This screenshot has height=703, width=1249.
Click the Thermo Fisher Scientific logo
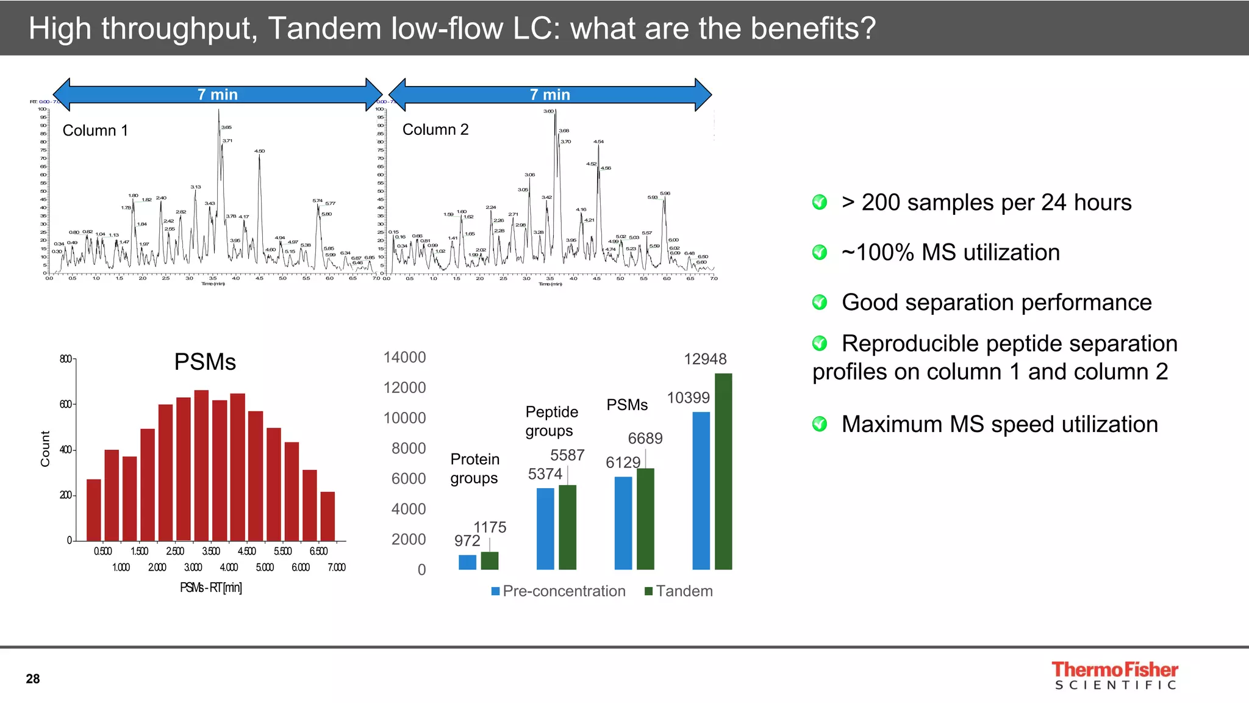click(x=1115, y=676)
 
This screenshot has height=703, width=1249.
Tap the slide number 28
click(x=33, y=679)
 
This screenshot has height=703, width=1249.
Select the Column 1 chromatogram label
click(x=95, y=131)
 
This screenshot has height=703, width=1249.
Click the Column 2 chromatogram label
click(x=435, y=129)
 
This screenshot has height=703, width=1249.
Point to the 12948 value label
click(x=705, y=359)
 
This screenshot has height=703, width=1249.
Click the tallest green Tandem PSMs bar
click(x=723, y=471)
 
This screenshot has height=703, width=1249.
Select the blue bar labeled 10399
click(x=701, y=491)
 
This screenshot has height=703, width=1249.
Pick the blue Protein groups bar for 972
click(x=467, y=562)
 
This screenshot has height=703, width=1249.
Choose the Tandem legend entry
click(x=679, y=591)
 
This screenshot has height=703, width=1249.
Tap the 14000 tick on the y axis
click(x=404, y=358)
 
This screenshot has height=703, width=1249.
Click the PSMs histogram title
click(x=205, y=362)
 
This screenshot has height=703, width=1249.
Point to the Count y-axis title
click(x=45, y=449)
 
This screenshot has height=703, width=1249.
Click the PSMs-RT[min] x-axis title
click(x=210, y=588)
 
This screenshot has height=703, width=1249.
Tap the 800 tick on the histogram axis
click(x=66, y=359)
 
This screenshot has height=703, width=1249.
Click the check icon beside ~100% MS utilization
click(x=820, y=252)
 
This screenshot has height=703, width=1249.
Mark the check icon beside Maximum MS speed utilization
click(x=820, y=424)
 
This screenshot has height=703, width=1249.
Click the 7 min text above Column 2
click(x=549, y=95)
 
